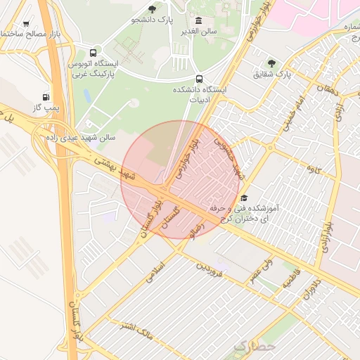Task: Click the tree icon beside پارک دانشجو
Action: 152,9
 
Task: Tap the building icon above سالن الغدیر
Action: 199,20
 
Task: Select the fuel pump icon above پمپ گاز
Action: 46,96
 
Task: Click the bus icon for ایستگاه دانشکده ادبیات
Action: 199,79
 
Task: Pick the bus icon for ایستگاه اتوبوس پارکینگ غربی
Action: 94,52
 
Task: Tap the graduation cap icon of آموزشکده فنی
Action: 244,198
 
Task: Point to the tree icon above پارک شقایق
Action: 272,63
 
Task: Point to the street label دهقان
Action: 327,89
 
